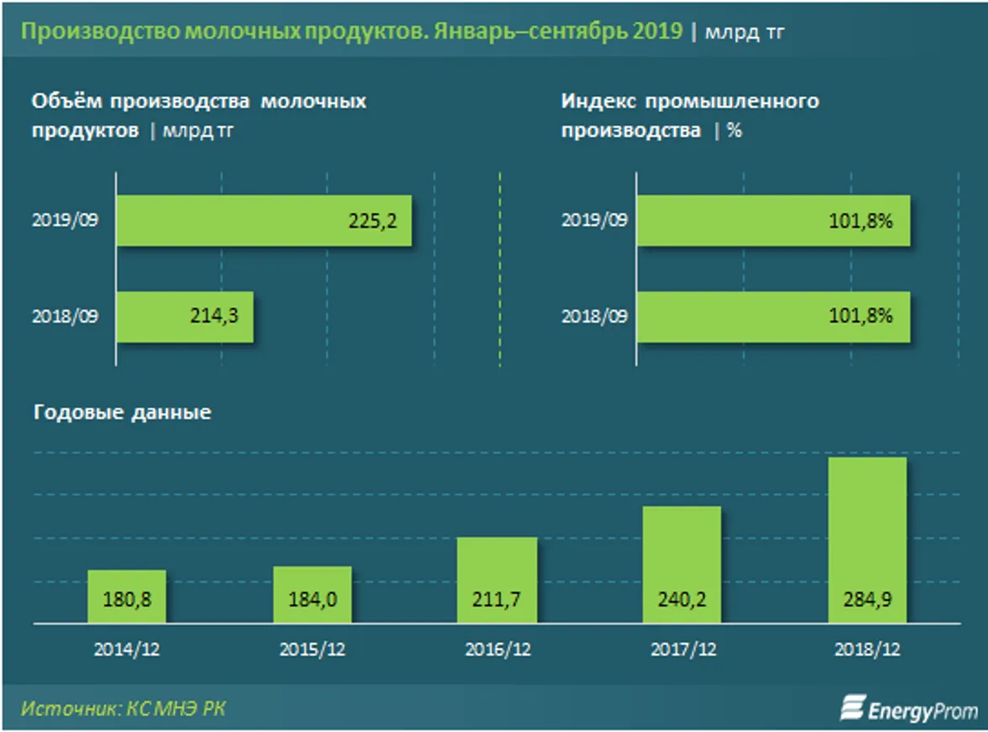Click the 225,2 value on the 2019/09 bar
[x=371, y=222]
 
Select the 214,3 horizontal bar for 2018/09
[x=185, y=316]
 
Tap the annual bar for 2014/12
[x=127, y=597]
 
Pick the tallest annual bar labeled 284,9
[x=867, y=540]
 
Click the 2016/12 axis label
[x=497, y=650]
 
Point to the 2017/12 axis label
[x=682, y=650]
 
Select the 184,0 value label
[x=312, y=602]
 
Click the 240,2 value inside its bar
[x=682, y=602]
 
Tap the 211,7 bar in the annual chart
[x=497, y=580]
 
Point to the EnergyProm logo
[x=909, y=709]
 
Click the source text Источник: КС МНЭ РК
[x=123, y=708]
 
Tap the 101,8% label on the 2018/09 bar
[x=865, y=316]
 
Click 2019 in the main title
[x=659, y=31]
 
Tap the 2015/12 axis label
[x=312, y=650]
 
